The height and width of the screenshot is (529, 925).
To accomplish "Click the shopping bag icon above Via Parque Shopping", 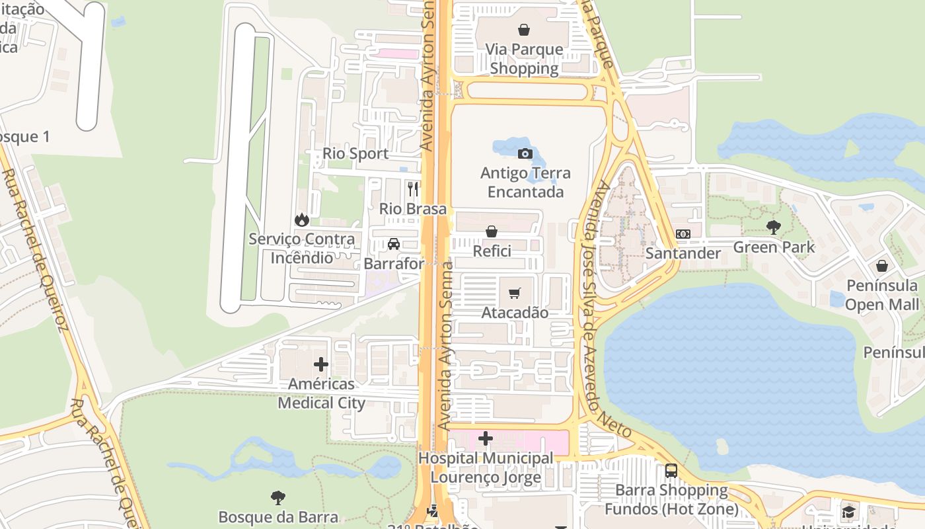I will coord(524,30).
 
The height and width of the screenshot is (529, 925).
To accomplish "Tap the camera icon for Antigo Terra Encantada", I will coord(525,154).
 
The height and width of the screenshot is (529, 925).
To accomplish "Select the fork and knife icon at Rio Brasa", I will coord(413,189).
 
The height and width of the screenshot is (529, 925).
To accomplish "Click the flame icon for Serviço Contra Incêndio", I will coord(302,220).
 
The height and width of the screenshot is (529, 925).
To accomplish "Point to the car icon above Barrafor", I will coord(394,244).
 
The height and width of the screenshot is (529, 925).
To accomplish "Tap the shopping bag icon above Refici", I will coord(492,231).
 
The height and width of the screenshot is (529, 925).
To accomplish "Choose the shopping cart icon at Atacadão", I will coord(515,293).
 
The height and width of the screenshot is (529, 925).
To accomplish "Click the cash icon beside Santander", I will coord(683,234).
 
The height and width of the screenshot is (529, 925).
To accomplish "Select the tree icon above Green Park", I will coord(774,227).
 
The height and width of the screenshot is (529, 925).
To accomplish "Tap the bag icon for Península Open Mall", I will coord(882,266).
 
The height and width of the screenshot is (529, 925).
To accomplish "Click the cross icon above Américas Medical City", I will coord(321,364).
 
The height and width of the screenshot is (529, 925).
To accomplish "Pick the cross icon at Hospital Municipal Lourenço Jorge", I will coord(486,438).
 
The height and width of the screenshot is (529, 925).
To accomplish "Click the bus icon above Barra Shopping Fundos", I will coord(671,471).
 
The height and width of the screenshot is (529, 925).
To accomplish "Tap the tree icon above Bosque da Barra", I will coord(278,498).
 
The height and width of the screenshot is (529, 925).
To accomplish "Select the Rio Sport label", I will coord(355,153).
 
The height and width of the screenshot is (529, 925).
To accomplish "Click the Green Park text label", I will coord(774,247).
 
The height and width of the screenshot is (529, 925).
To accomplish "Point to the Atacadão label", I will coord(515,312).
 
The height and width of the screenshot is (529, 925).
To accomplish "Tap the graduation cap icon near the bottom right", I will coord(848,512).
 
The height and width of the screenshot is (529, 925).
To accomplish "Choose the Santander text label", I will coord(683,253).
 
